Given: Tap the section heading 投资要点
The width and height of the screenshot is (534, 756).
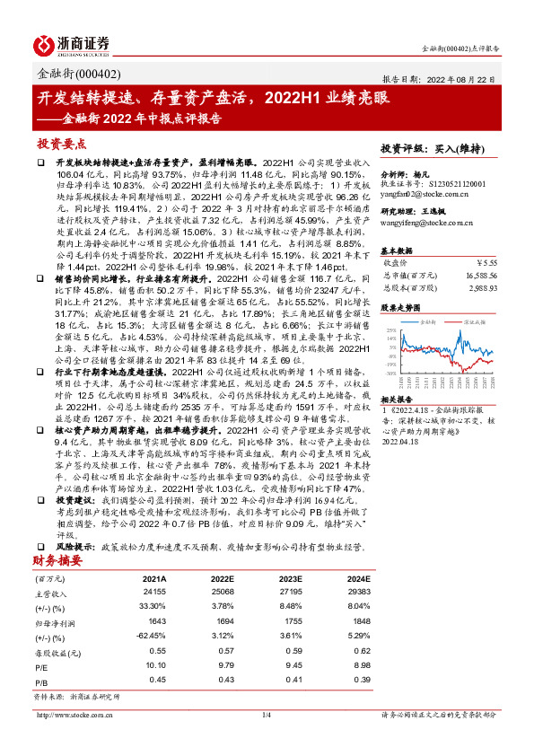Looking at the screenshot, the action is pos(62,144).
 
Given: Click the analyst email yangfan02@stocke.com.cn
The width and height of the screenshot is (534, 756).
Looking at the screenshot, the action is pos(422,193).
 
